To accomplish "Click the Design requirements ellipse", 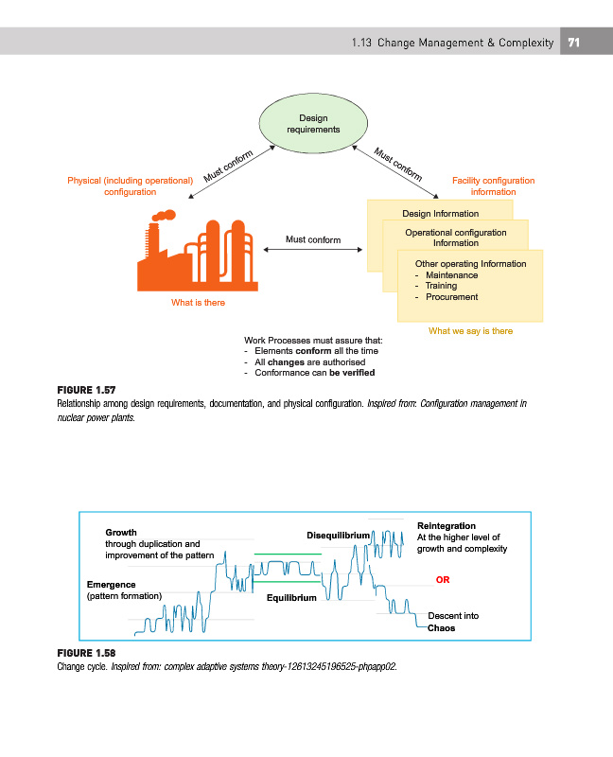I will tap(313, 124).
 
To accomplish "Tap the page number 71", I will tap(573, 43).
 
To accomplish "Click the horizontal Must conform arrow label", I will tap(313, 239).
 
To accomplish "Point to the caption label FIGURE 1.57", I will tap(87, 389).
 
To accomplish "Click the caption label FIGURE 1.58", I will tap(87, 654).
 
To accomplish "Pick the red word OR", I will tap(442, 579).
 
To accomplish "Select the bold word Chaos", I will tap(441, 627).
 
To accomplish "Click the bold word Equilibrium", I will tap(291, 598).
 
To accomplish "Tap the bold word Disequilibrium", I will tap(338, 537).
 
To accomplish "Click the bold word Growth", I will tap(120, 533).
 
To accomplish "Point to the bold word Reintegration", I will tap(446, 525).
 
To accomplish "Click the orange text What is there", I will tap(198, 303).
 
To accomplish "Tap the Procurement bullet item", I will tap(452, 297).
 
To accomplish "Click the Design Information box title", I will tap(440, 214).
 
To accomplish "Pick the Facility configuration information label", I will tap(493, 186).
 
